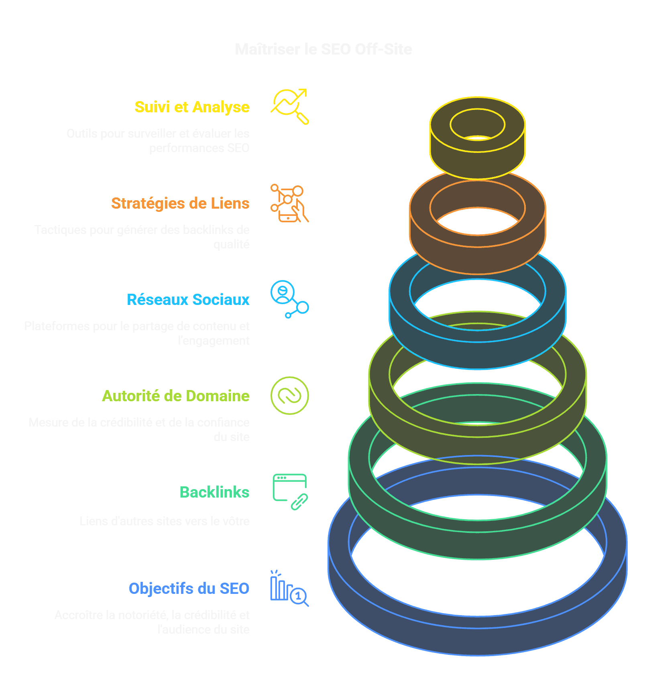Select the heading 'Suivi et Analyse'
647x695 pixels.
pyautogui.click(x=192, y=107)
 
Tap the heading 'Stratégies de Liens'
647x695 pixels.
pyautogui.click(x=180, y=203)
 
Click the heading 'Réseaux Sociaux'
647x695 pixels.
pyautogui.click(x=188, y=300)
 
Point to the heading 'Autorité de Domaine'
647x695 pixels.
pyautogui.click(x=175, y=396)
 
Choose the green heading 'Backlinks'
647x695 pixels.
pyautogui.click(x=214, y=492)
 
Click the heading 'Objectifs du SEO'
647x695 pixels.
pyautogui.click(x=189, y=589)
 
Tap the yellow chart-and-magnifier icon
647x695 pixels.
pyautogui.click(x=289, y=106)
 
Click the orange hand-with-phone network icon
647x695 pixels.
pyautogui.click(x=289, y=203)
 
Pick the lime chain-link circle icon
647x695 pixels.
pyautogui.click(x=289, y=396)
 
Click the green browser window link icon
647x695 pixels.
pyautogui.click(x=289, y=492)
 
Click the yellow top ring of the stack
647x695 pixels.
pyautogui.click(x=477, y=161)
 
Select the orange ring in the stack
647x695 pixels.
pyautogui.click(x=477, y=257)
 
